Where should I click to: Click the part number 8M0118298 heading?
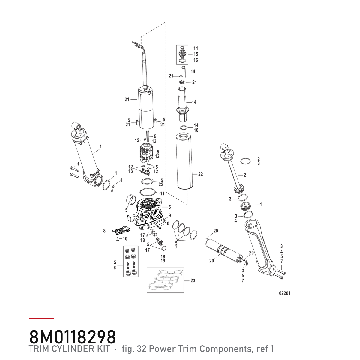click(x=73, y=337)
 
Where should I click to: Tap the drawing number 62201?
click(x=285, y=293)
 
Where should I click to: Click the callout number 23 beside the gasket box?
click(x=193, y=280)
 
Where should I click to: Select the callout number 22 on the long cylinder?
click(x=200, y=174)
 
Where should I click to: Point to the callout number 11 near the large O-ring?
click(x=162, y=193)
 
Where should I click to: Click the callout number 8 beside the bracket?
click(x=104, y=231)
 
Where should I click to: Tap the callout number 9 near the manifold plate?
click(x=169, y=216)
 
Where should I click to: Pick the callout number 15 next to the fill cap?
click(x=196, y=54)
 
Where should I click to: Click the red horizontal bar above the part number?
click(x=41, y=319)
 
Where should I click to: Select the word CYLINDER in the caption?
click(x=80, y=349)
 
